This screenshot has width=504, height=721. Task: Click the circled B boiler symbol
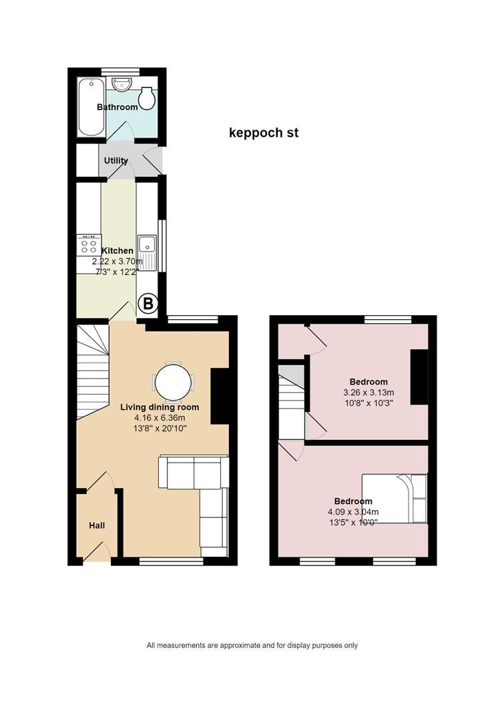tap(148, 304)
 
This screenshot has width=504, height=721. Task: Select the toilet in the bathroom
tap(147, 98)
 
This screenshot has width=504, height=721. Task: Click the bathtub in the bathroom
tap(91, 107)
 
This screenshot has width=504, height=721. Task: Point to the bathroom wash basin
tap(122, 84)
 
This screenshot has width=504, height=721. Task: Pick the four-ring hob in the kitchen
tap(89, 244)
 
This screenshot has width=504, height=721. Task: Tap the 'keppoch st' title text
tap(264, 133)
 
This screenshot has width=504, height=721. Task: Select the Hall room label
tap(97, 525)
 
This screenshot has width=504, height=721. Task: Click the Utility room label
tap(116, 160)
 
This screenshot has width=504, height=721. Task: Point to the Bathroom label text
tap(117, 107)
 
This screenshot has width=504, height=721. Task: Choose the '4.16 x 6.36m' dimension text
tap(160, 418)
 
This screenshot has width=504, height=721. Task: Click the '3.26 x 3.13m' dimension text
tap(368, 393)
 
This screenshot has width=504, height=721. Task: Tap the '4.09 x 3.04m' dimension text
tap(353, 512)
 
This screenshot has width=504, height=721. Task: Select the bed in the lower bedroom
tap(395, 499)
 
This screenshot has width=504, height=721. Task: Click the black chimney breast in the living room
tap(220, 395)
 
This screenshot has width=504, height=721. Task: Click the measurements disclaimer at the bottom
tap(252, 646)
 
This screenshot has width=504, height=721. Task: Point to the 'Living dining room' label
tap(160, 407)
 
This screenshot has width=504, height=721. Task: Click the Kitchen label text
tap(117, 250)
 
